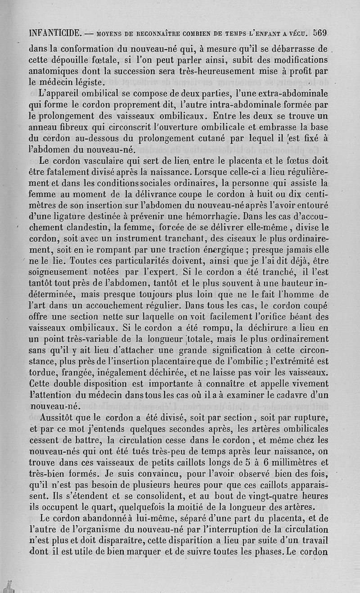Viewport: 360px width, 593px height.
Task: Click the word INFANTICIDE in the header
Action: point(54,33)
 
